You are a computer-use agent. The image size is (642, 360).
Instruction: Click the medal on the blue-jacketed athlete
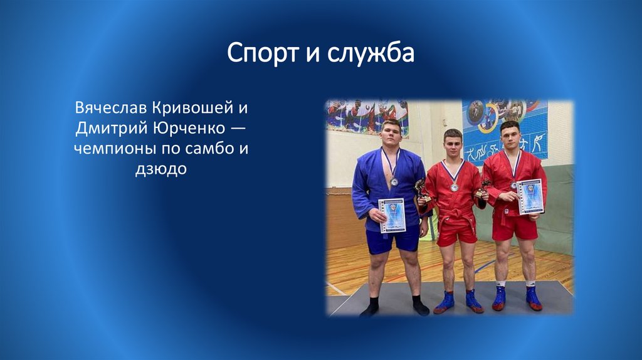click(x=393, y=181)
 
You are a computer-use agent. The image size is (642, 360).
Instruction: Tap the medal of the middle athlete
click(x=454, y=187)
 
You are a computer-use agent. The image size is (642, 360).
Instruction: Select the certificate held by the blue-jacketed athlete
click(x=392, y=215)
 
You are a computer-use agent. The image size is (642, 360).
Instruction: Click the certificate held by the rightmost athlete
click(x=530, y=196)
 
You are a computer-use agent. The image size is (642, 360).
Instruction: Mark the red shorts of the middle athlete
click(x=456, y=233)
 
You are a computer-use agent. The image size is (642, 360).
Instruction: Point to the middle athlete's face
click(x=453, y=146)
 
